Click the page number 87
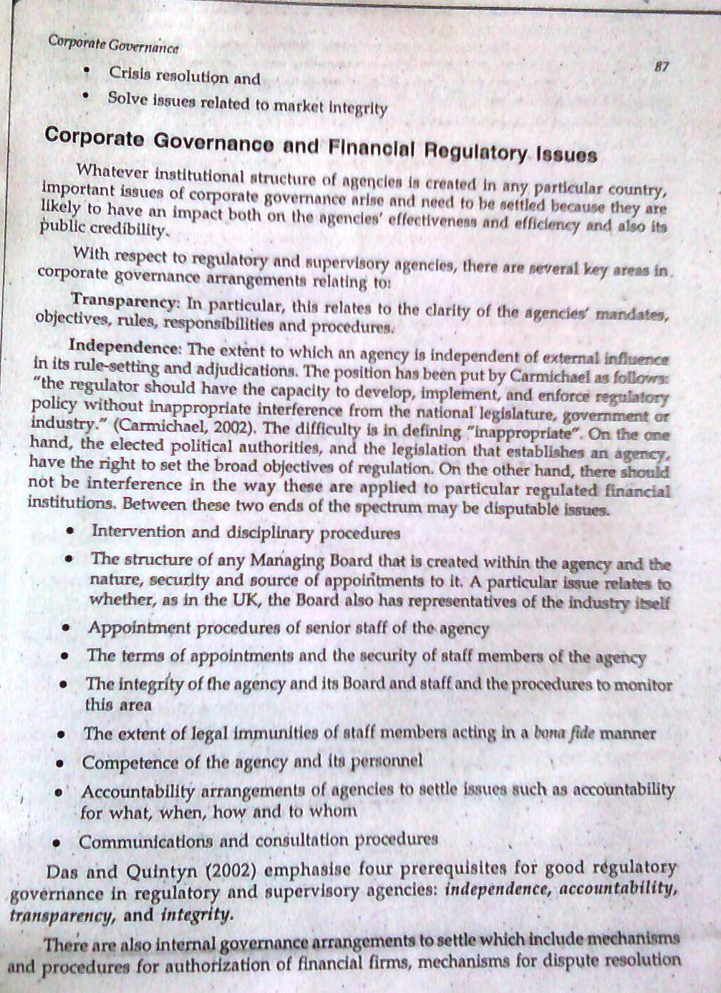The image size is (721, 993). (x=662, y=67)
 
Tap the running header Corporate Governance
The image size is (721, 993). (x=113, y=44)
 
